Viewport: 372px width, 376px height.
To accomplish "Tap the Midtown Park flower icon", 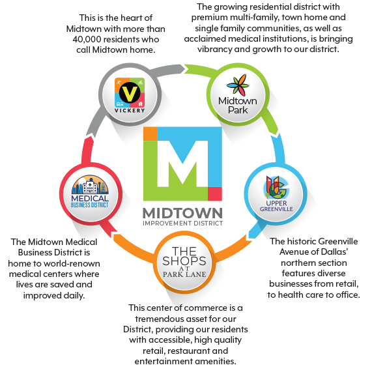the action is tap(238, 85).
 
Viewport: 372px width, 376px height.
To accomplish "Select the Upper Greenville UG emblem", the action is tap(276, 187).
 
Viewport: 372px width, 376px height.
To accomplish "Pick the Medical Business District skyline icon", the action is tap(90, 184).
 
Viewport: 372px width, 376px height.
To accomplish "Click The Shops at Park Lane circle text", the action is tap(184, 261).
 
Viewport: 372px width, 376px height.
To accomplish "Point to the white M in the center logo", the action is tap(182, 164).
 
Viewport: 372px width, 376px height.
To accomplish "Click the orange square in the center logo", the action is tap(150, 134).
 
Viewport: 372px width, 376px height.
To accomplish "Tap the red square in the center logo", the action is tap(215, 194).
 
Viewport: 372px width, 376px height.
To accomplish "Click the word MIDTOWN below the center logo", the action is tap(182, 213).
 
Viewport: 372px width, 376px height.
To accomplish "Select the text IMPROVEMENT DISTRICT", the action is tap(182, 224).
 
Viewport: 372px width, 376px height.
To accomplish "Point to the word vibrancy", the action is tap(214, 50).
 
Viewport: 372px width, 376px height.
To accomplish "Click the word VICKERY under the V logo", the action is tap(130, 111).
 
